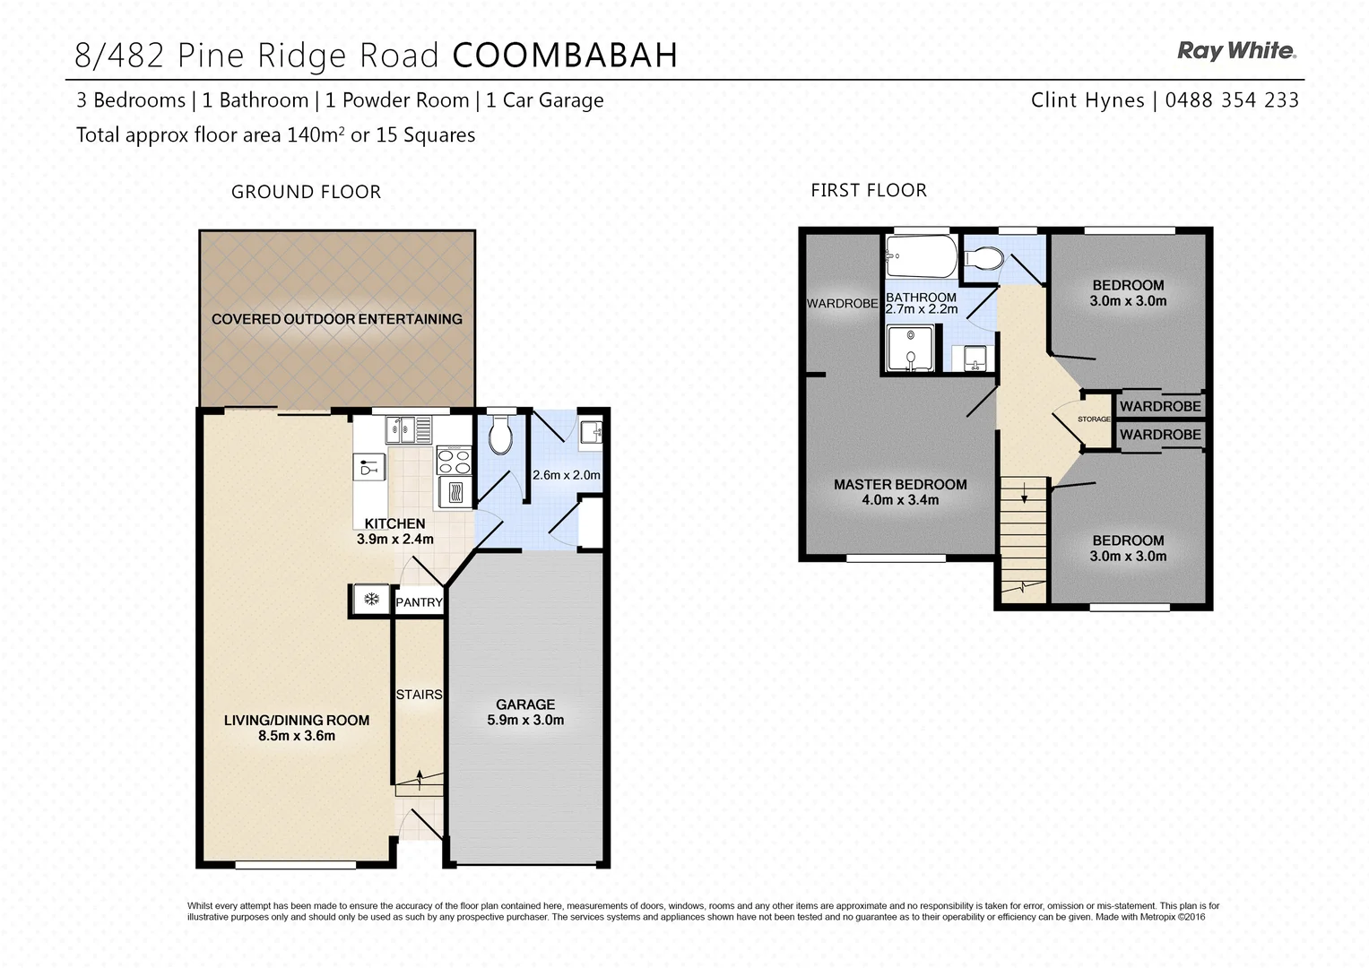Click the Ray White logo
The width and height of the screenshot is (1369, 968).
point(1236,51)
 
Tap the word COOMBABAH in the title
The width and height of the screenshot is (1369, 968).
point(565,56)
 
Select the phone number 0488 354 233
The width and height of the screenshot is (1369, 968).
point(1232,100)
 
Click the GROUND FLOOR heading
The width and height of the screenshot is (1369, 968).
point(306,192)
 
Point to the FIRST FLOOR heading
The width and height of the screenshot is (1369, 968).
point(868,190)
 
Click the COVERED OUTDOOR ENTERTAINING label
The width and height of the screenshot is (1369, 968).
point(336,319)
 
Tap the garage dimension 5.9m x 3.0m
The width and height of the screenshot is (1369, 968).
point(525,721)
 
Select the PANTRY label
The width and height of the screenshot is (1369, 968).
point(419,602)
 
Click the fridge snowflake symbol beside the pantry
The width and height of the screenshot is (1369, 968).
point(370,600)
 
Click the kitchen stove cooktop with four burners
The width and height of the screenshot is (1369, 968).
point(454,462)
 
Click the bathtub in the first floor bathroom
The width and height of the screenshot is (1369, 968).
point(920,256)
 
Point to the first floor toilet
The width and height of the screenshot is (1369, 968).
point(983,258)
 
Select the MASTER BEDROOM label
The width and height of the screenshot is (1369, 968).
point(900,485)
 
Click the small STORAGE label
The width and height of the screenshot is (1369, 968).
point(1093,419)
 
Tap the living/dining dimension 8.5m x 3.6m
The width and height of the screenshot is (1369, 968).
point(296,737)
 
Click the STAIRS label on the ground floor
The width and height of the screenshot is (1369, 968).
point(419,695)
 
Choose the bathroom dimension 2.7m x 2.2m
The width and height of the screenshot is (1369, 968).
point(922,309)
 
